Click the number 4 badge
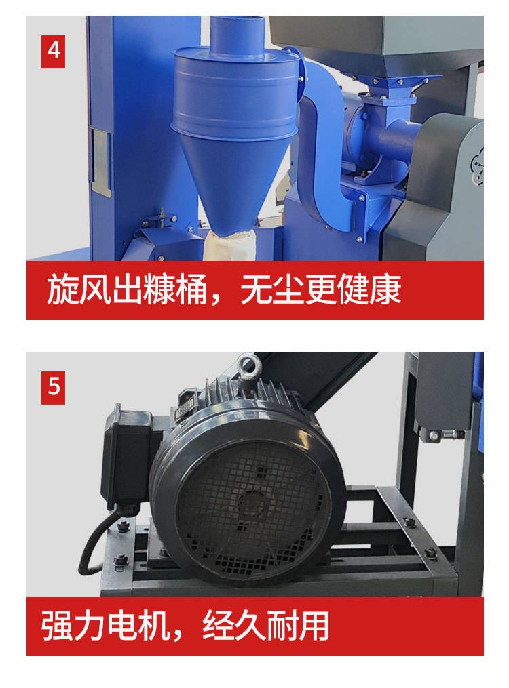[53, 52]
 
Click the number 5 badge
[53, 388]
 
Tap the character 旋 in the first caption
[62, 290]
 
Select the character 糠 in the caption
[159, 290]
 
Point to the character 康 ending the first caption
[385, 290]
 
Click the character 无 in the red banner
[256, 290]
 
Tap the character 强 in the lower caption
[57, 626]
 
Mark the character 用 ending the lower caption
[313, 626]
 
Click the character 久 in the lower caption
[249, 626]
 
